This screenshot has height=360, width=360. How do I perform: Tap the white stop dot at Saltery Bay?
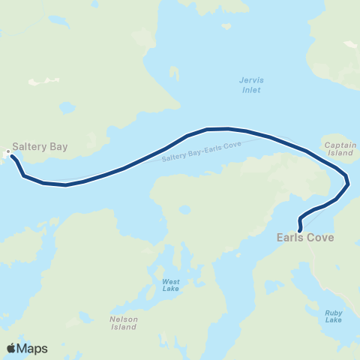pos(9,153)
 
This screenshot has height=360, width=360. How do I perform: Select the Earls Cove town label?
pos(305,238)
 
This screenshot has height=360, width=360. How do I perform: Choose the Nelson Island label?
pos(118,322)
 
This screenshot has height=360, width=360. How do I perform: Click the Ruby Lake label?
pos(334,316)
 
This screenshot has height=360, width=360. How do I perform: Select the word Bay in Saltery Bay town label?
pos(58,147)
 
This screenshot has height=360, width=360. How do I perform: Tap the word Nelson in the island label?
pos(118,318)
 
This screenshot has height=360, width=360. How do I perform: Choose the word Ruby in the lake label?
pos(334,312)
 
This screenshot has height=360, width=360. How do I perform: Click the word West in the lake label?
pos(171,282)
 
